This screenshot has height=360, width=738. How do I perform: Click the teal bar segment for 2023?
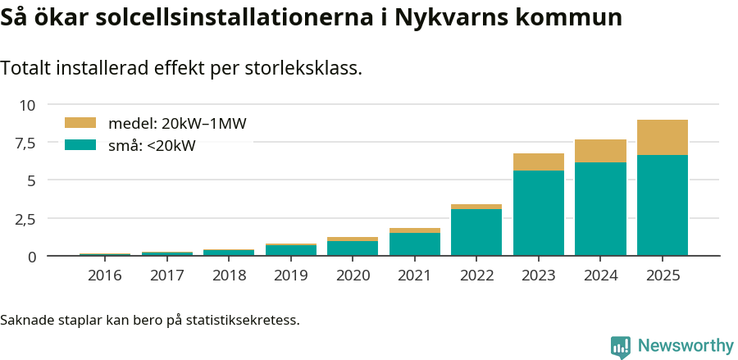click(539, 213)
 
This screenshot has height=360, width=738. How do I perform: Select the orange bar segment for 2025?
click(663, 138)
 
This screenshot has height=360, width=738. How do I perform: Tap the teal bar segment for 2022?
click(476, 232)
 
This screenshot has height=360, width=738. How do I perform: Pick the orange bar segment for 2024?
click(600, 151)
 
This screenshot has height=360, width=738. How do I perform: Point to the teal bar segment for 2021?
click(415, 244)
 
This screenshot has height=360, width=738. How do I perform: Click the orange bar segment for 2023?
click(539, 162)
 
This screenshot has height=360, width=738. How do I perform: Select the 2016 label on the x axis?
click(105, 276)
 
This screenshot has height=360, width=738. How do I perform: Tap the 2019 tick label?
click(291, 276)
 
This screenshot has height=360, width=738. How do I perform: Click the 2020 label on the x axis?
click(353, 276)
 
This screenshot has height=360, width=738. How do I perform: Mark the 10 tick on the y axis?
click(29, 105)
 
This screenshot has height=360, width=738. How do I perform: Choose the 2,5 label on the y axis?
click(25, 219)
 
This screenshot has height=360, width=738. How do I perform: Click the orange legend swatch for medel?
click(80, 123)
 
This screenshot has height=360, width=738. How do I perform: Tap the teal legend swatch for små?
click(80, 145)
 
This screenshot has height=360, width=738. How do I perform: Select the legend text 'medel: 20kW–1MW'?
click(177, 124)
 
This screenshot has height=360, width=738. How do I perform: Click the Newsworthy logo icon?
click(621, 346)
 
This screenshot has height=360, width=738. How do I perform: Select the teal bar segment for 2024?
click(600, 209)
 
